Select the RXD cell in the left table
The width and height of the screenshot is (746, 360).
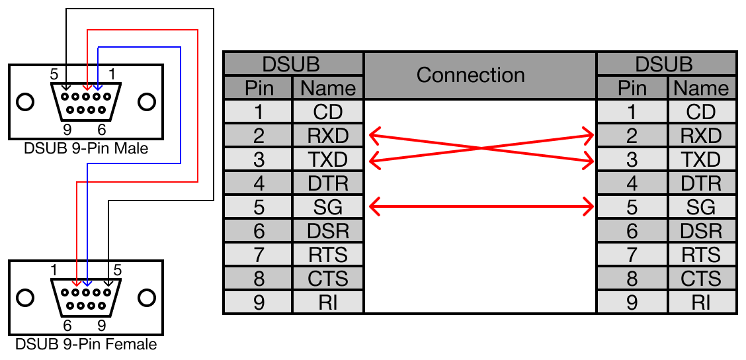pos(328,136)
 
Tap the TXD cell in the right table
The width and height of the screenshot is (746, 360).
pos(701,160)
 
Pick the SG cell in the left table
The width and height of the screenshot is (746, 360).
pos(328,208)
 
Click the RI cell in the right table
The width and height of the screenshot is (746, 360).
pos(701,302)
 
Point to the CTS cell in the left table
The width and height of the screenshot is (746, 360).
pos(328,279)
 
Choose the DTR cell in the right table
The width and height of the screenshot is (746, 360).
pos(701,183)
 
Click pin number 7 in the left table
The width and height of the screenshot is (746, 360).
pos(259,255)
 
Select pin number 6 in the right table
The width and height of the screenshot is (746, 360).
pos(632,231)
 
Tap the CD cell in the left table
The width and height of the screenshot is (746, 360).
pos(328,112)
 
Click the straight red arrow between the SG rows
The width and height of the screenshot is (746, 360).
pos(481,207)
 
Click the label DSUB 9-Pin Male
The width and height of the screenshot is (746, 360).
pos(86,148)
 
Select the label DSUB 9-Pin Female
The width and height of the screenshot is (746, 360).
pos(86,345)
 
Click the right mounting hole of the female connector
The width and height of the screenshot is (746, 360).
pos(146,298)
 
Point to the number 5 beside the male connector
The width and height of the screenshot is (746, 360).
pos(55,74)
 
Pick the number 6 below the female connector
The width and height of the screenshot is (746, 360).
pos(67,326)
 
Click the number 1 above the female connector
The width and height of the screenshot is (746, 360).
pos(55,270)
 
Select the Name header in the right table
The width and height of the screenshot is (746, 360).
pos(701,88)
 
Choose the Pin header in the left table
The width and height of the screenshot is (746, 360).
pos(259,88)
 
